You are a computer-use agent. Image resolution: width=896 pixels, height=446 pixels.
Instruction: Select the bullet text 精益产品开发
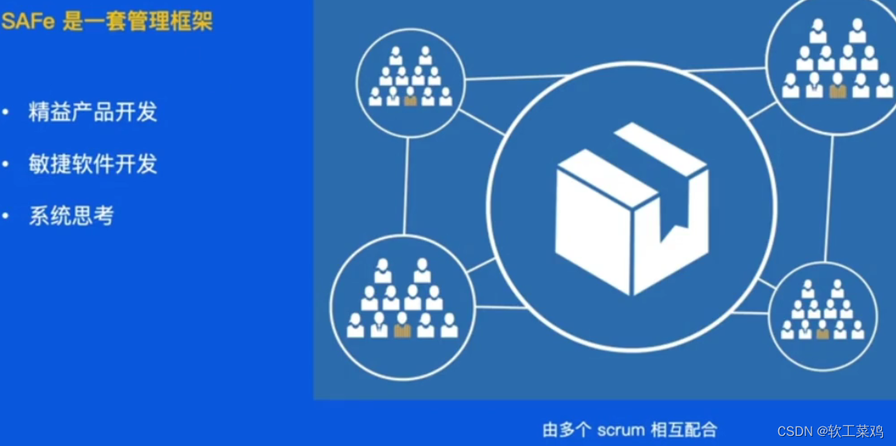pos(93,112)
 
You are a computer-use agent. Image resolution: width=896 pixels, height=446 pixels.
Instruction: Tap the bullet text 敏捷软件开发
pos(93,164)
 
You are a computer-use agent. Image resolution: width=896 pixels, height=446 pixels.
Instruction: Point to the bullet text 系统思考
pos(71,216)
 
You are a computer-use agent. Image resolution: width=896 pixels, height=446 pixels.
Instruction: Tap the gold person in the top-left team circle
pos(411,99)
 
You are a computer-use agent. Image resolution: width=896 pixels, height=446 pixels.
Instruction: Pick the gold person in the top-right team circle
pos(838,90)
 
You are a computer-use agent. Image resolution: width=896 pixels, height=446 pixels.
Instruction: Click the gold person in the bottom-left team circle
pos(402,329)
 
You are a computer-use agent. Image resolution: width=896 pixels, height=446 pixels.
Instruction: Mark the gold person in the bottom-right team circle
pos(822,332)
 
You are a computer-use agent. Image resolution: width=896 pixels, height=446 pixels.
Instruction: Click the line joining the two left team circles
pos(406,186)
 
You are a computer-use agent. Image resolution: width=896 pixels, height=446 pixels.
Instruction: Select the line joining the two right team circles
pos(829,198)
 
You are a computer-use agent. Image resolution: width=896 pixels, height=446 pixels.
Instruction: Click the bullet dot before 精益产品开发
pos(6,112)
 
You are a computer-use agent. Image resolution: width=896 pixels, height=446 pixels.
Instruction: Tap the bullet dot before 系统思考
pos(6,216)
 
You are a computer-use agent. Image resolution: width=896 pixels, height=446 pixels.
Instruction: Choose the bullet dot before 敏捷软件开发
pos(6,164)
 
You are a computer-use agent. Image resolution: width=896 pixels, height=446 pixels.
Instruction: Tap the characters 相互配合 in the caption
pos(685,429)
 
